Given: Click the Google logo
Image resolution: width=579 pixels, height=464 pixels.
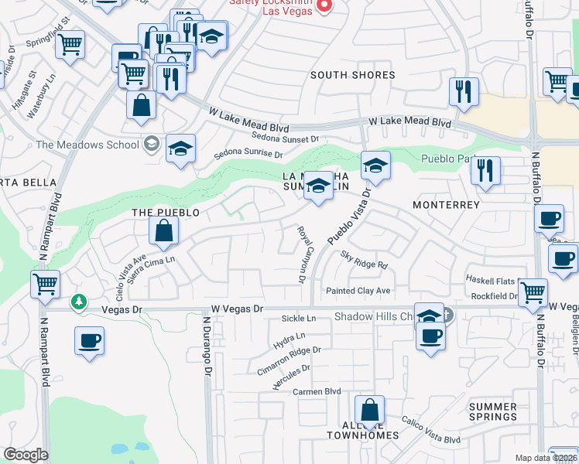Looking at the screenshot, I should click(26, 454).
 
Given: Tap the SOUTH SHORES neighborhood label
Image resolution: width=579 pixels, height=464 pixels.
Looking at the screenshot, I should click(353, 75).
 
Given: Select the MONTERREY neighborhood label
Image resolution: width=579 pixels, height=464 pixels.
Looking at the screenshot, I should click(447, 205).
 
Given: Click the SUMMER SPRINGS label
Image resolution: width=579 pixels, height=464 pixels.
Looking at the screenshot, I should click(493, 411).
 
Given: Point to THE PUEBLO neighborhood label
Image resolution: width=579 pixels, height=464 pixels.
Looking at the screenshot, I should click(166, 212).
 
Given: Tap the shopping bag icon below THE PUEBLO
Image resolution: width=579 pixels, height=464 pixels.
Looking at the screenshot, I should click(164, 230).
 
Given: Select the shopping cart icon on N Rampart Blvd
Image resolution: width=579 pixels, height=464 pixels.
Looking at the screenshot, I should click(45, 284).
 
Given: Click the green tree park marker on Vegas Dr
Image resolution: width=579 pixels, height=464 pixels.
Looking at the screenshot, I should click(78, 302).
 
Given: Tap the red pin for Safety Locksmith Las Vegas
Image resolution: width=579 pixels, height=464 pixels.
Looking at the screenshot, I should click(324, 7).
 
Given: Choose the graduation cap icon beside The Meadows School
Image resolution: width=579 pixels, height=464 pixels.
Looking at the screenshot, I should click(180, 148).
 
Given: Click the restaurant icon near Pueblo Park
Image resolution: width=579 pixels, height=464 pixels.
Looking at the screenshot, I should click(485, 170).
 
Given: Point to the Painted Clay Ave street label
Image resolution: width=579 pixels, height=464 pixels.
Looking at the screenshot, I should click(358, 291).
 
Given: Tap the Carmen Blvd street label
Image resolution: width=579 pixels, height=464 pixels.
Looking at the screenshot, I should click(317, 392).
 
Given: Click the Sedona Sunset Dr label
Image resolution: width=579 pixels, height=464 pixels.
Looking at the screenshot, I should click(286, 138).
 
